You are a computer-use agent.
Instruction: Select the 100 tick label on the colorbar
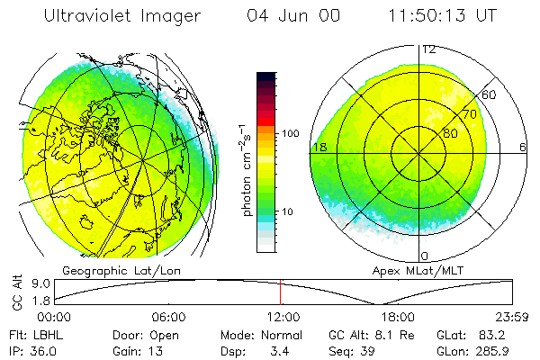[x=291, y=133]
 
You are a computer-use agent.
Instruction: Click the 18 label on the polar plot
[x=318, y=147]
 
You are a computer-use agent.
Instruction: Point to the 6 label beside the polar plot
[x=524, y=147]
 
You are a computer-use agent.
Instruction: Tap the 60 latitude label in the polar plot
[x=490, y=94]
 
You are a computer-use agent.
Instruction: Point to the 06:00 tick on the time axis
[x=167, y=317]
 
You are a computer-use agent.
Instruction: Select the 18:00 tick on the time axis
[x=397, y=317]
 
